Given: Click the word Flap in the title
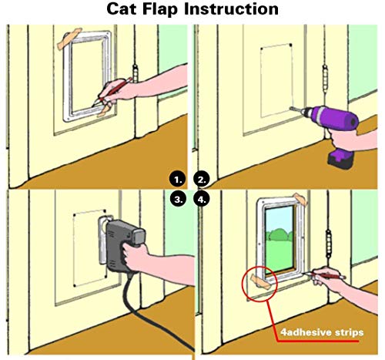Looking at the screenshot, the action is tap(159, 9).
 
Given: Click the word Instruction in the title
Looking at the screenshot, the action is tap(231, 8).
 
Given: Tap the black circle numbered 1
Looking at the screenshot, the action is tap(178, 180).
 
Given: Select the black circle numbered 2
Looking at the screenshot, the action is tap(202, 180).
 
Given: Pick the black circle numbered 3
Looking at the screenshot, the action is tap(178, 199).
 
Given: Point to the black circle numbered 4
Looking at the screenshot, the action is tap(202, 199).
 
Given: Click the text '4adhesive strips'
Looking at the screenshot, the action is tap(322, 332).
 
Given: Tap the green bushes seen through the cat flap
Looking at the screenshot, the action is tap(280, 236).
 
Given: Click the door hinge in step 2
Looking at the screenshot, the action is tap(325, 79).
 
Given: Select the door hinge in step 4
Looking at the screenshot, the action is tap(329, 244).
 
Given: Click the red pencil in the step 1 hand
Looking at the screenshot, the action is tap(113, 92).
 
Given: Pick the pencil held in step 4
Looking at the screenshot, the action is tap(324, 275).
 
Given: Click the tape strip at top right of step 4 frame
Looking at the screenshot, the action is tap(300, 199).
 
